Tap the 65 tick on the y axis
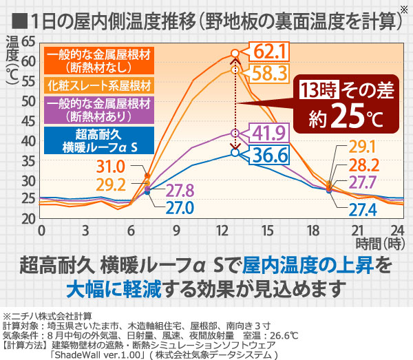coord(28,41)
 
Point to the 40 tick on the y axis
coord(28,140)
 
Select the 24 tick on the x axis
coord(396,229)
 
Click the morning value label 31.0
coord(129,166)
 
